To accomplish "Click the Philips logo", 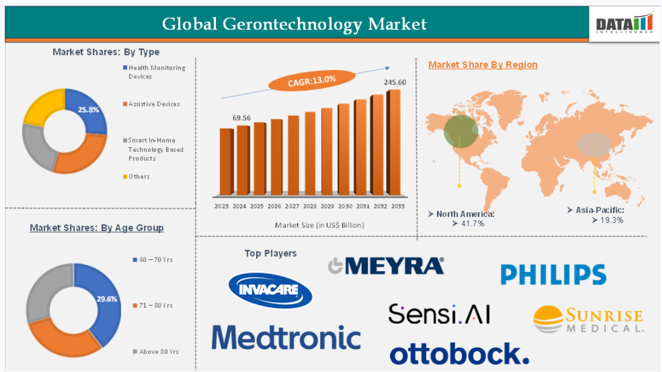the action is click(x=553, y=274).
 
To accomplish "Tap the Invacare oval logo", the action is click(x=270, y=290).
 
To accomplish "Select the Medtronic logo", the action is click(x=286, y=338).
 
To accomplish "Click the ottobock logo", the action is click(x=459, y=354).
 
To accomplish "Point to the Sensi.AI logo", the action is click(x=439, y=314).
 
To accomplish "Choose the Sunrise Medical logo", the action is click(x=588, y=319).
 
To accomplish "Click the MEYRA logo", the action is click(x=386, y=266).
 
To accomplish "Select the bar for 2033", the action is click(x=393, y=142).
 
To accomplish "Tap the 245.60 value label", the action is click(x=395, y=83).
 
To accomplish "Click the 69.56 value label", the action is click(x=242, y=118).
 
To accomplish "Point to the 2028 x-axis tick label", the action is click(x=310, y=206).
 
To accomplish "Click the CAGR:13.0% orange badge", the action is click(x=312, y=80).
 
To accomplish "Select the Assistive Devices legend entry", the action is click(x=151, y=104).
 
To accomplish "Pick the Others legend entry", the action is click(x=136, y=177).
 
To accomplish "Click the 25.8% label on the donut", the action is click(x=88, y=110).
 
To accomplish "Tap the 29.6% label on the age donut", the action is click(x=107, y=299).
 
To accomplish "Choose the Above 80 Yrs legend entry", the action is click(x=156, y=352).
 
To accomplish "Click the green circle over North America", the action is click(x=461, y=131).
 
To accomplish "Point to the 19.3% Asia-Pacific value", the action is click(x=608, y=220).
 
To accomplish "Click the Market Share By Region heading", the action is click(x=483, y=65).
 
